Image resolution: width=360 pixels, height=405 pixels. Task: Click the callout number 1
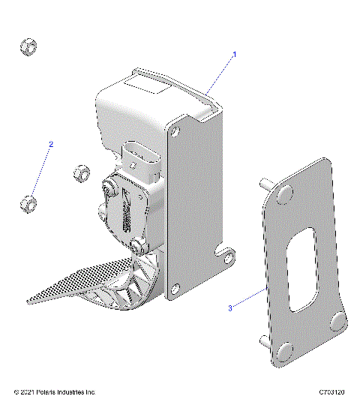[x=234, y=55]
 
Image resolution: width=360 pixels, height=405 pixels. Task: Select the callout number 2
[x=51, y=143]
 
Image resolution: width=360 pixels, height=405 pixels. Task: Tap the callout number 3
[x=230, y=307]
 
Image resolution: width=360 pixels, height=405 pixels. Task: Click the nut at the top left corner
[x=28, y=47]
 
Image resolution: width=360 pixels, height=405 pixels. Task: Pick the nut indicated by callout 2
[x=28, y=202]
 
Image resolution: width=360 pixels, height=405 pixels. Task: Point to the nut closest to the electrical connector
[x=82, y=174]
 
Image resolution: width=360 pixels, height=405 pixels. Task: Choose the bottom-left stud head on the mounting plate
[x=282, y=352]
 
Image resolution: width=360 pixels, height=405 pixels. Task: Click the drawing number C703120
[x=332, y=392]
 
